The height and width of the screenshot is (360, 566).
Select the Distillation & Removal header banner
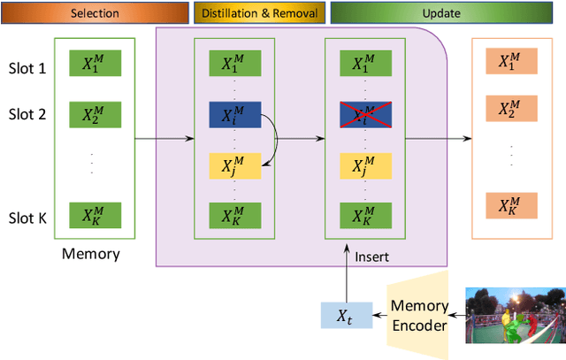(x=258, y=12)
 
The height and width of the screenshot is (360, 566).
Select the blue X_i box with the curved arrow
(x=234, y=115)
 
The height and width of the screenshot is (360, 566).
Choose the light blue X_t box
(x=340, y=314)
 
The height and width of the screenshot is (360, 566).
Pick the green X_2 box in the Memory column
(x=94, y=115)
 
